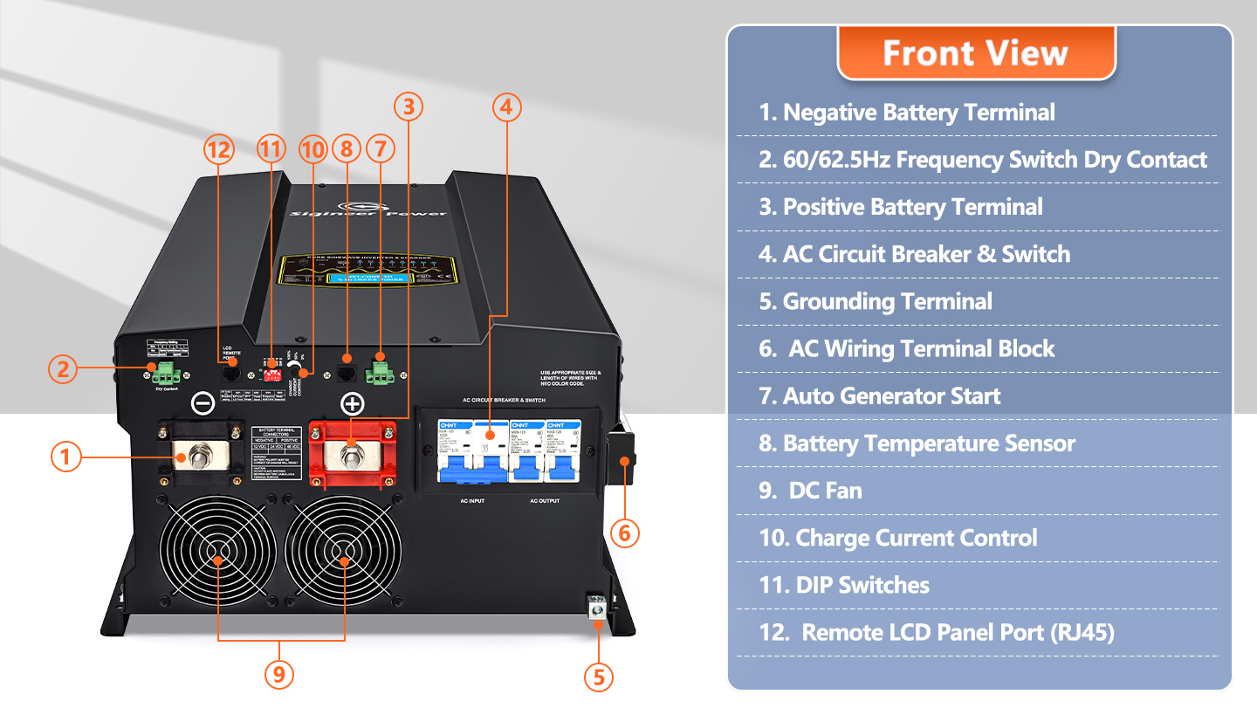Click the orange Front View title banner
click(975, 53)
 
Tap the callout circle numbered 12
click(219, 150)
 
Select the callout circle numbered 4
click(507, 107)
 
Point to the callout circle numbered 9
click(278, 674)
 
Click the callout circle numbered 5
click(598, 677)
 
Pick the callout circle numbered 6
click(625, 532)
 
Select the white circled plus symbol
click(353, 403)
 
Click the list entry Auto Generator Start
click(879, 396)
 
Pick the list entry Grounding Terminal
click(876, 302)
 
